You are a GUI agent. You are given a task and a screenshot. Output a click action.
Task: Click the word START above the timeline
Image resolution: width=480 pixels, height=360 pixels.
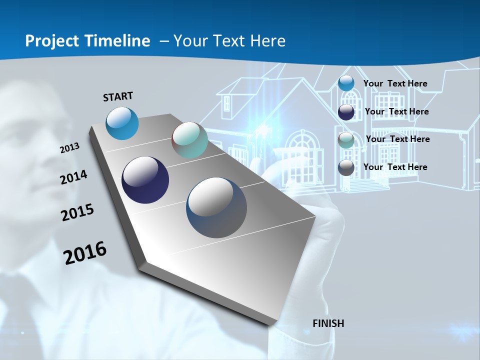[118, 96]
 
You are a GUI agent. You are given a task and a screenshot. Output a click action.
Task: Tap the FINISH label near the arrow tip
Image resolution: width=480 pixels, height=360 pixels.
[328, 323]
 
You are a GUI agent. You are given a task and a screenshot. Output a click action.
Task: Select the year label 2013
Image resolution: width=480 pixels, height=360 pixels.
[69, 148]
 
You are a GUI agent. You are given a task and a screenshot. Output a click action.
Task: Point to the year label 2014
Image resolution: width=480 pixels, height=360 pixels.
[73, 177]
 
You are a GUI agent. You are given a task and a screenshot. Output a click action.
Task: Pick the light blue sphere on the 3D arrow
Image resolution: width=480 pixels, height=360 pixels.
[122, 123]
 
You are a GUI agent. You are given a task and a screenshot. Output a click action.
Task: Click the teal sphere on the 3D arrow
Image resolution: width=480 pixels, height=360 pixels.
[189, 140]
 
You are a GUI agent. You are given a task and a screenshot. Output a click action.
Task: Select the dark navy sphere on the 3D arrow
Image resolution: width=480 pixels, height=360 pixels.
[145, 180]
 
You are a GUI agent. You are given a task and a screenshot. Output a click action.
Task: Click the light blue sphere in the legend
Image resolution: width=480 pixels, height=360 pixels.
[346, 83]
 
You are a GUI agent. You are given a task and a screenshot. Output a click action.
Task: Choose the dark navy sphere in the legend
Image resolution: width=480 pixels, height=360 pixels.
[346, 112]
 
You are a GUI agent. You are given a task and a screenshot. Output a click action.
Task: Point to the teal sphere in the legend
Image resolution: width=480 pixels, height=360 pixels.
[346, 140]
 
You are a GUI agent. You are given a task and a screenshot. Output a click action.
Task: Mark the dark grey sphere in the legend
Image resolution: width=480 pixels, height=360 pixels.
[346, 168]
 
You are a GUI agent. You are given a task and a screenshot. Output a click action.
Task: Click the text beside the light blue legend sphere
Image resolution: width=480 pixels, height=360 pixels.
[395, 84]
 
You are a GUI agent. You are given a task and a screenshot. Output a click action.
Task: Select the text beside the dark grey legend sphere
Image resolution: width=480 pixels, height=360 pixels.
[395, 167]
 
